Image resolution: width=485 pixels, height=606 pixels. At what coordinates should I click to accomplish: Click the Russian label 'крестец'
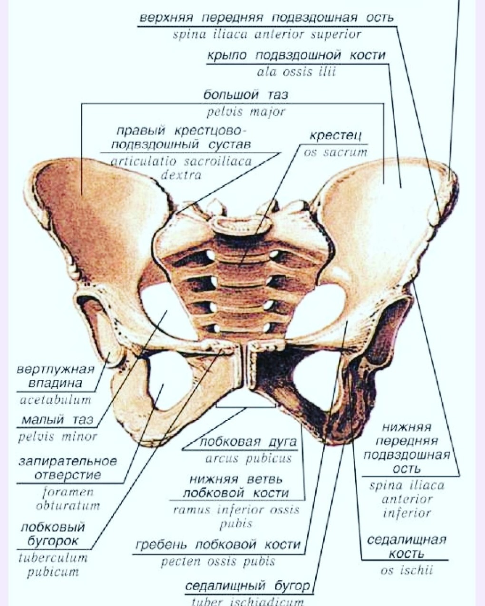[x=335, y=135]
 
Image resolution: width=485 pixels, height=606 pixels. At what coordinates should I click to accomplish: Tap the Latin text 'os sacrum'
[x=336, y=153]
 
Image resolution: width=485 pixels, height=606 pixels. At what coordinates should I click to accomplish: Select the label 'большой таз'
[x=245, y=95]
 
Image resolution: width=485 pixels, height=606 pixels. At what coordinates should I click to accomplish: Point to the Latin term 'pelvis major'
[x=246, y=112]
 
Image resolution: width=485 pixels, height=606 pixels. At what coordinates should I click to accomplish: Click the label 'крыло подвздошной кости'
[x=296, y=56]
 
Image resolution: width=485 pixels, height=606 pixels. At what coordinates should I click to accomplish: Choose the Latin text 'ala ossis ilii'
[x=296, y=72]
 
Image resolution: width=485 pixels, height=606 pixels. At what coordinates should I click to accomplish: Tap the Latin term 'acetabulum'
[x=55, y=400]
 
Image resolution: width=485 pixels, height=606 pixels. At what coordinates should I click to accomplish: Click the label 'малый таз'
[x=57, y=420]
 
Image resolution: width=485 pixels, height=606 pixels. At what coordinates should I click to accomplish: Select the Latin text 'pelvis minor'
[x=57, y=436]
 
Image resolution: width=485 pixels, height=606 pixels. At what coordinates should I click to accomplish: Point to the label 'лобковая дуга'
[x=248, y=442]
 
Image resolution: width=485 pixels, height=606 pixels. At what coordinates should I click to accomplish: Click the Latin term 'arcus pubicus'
[x=248, y=459]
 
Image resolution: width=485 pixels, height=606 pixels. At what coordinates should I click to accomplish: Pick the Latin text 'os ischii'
[x=407, y=571]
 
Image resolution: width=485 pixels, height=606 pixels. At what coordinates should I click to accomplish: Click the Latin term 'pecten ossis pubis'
[x=218, y=562]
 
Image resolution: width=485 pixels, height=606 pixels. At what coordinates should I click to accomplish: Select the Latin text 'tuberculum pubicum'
[x=52, y=565]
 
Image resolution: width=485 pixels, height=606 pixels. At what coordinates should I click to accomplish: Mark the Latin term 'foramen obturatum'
[x=68, y=499]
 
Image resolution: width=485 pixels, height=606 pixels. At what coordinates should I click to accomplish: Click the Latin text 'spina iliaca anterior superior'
[x=267, y=35]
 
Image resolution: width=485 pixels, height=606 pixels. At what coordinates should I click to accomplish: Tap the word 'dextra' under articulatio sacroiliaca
[x=181, y=175]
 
